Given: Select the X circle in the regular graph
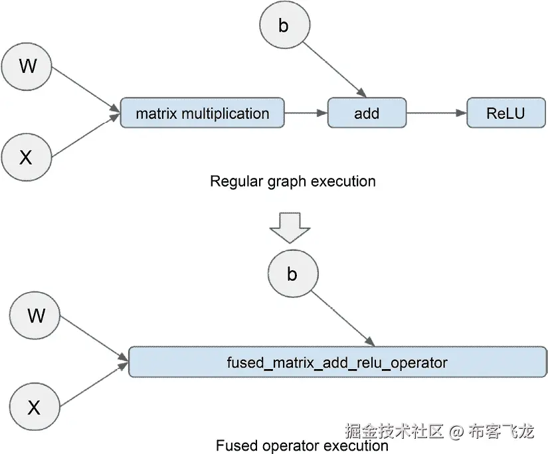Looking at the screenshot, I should (x=27, y=157).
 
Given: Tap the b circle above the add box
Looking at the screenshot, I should (x=284, y=26).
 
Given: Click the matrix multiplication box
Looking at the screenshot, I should (x=202, y=113).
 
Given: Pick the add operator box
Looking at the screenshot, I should (x=367, y=113).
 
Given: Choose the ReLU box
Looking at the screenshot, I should (x=505, y=113).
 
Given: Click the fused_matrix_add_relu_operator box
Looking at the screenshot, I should (x=337, y=362).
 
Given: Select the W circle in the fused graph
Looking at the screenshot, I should (x=36, y=316).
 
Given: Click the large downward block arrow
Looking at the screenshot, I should (x=290, y=228).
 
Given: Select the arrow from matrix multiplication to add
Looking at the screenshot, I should (x=306, y=113).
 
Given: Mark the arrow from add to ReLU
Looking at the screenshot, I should (x=436, y=113).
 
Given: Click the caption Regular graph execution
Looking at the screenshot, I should (x=292, y=181).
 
